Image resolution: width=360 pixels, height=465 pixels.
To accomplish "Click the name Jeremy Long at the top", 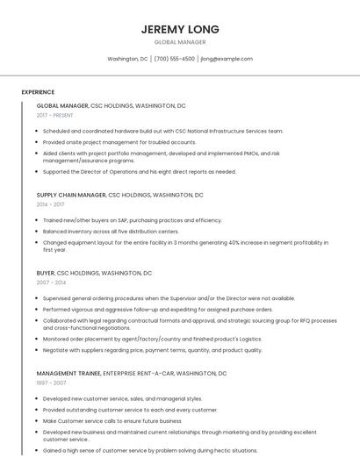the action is [x=180, y=29].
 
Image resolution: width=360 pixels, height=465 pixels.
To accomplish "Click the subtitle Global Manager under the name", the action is [x=180, y=42].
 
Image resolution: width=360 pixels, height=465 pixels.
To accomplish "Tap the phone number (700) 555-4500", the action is [x=175, y=59].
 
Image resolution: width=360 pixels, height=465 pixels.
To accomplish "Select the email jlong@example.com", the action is [x=227, y=59].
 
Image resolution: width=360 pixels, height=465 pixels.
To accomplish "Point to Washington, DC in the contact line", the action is [x=127, y=59].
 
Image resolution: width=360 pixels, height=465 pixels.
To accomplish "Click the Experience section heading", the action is [x=38, y=92].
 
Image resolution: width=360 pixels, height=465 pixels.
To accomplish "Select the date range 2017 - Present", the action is [x=55, y=116].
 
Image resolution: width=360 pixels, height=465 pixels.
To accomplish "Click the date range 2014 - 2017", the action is [x=50, y=204].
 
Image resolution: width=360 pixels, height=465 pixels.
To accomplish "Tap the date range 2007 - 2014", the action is [x=50, y=283].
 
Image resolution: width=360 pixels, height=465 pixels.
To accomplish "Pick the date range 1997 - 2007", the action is [x=50, y=383].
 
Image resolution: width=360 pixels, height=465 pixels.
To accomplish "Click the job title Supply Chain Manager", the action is [x=71, y=195].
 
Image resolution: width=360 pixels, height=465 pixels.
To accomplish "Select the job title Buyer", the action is [x=46, y=274].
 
